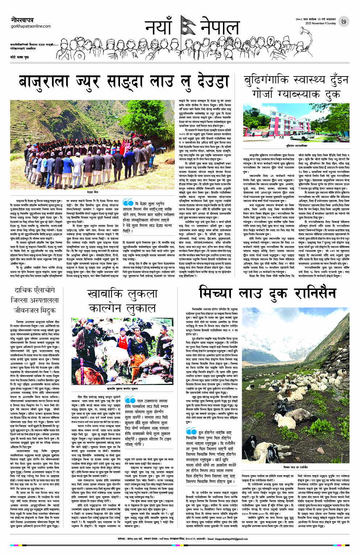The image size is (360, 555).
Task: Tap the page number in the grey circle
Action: pyautogui.click(x=343, y=21)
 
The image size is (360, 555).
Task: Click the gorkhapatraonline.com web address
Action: pyautogui.click(x=31, y=26)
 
